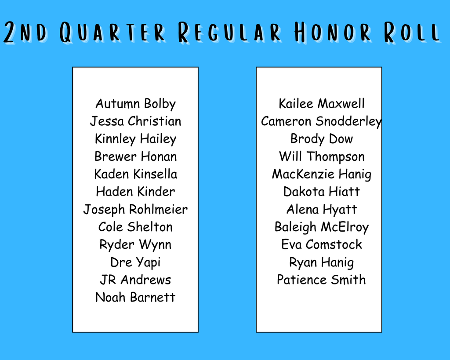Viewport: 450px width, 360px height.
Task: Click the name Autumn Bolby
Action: coord(135,104)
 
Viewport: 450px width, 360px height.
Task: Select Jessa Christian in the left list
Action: coord(135,121)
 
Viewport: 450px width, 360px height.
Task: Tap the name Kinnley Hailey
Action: coord(135,139)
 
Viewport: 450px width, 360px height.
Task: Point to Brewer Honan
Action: coord(135,156)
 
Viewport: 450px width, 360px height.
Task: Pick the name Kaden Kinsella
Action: coord(135,174)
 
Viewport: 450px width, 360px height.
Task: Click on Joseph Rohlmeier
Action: coord(135,209)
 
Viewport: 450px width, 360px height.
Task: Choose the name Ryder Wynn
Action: coord(135,245)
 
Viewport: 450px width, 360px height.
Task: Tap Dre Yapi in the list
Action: coord(135,262)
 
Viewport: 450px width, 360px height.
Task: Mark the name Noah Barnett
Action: coord(135,298)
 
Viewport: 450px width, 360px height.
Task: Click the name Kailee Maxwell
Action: coord(322,104)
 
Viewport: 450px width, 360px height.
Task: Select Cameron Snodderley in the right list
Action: coord(321,121)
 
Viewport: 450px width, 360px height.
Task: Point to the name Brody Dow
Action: coord(322,139)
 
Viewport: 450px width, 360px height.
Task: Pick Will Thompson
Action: coord(322,156)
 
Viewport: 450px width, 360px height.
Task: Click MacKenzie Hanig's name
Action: coord(322,174)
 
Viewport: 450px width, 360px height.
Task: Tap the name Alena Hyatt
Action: coord(322,209)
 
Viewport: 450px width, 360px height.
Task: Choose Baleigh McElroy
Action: coord(322,227)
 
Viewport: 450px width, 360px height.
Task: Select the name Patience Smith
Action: coord(321,280)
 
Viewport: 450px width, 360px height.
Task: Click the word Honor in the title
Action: coord(332,33)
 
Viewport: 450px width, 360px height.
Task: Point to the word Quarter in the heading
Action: coord(112,33)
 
